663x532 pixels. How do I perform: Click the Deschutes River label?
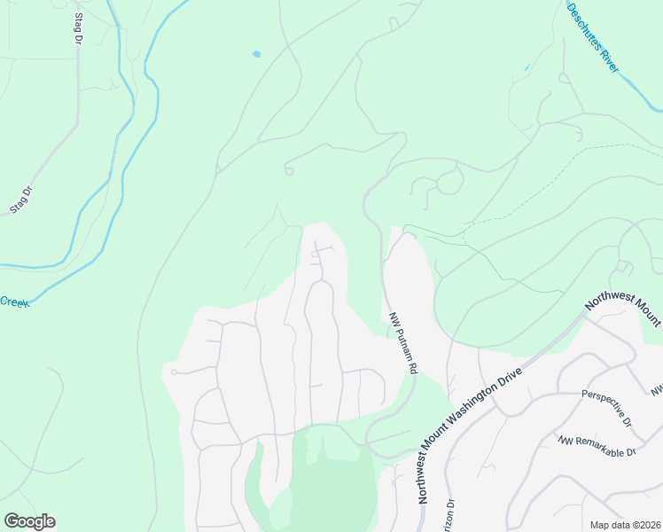click(x=593, y=37)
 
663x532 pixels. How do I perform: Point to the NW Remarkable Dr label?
click(x=597, y=446)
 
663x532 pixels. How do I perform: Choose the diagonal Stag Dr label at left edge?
click(x=20, y=199)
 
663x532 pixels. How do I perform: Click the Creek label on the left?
click(x=14, y=302)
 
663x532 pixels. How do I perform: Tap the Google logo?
click(x=29, y=521)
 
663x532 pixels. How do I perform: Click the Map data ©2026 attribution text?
click(x=625, y=525)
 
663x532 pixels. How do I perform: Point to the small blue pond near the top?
click(x=256, y=54)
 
